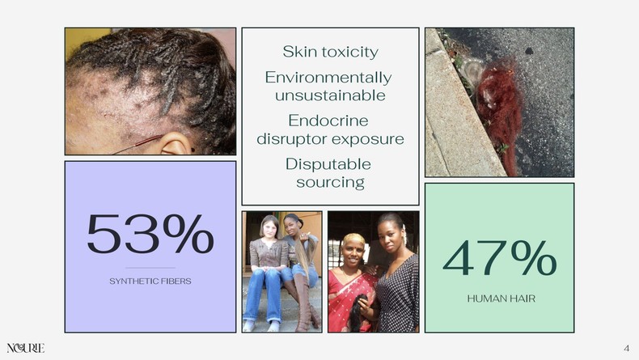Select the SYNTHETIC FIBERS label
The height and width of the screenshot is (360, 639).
tap(150, 281)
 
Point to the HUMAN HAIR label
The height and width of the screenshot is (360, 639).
tap(500, 299)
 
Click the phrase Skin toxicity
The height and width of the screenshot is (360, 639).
tap(330, 52)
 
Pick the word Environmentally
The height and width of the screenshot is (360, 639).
tap(328, 78)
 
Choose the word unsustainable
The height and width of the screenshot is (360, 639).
tap(328, 95)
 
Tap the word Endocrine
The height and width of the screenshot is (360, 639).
tap(328, 121)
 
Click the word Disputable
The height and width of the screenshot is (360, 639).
tap(328, 163)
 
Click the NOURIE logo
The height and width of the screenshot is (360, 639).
tap(25, 348)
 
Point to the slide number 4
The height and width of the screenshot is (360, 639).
tap(626, 348)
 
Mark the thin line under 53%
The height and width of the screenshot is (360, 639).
tap(150, 268)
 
